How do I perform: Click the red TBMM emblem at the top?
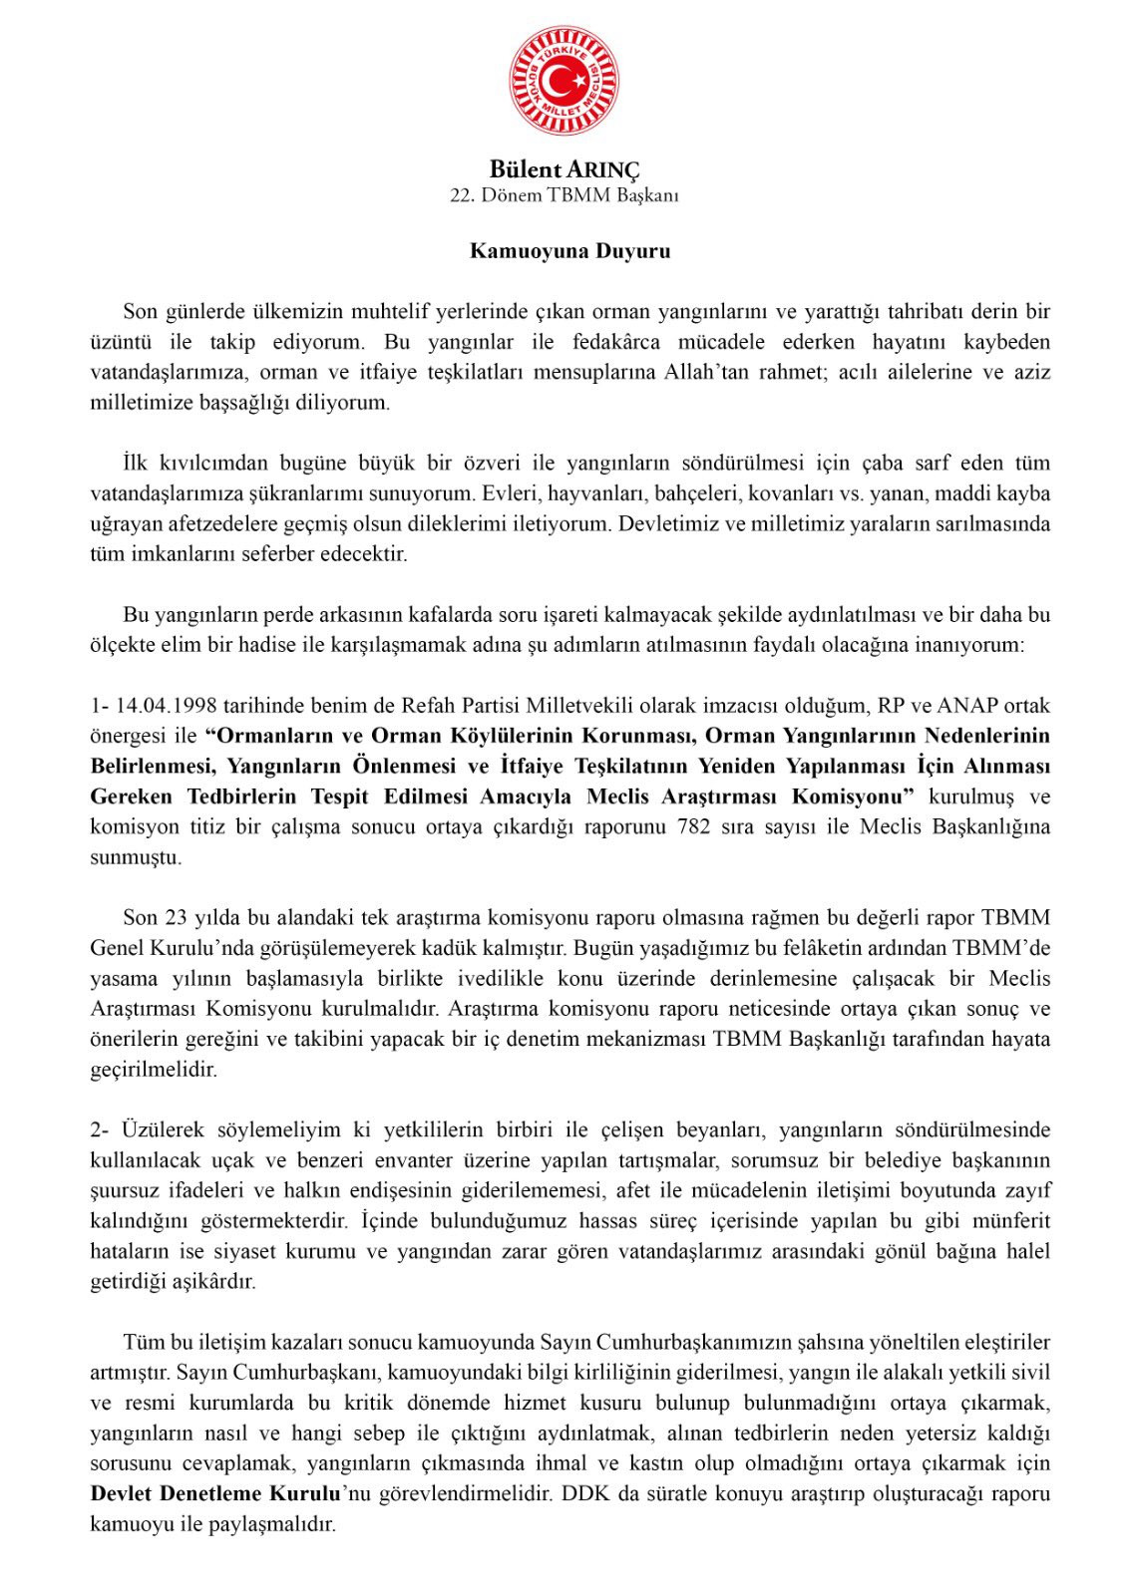coord(564,80)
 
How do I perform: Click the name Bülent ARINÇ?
coord(564,170)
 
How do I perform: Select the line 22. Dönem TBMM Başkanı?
coord(564,195)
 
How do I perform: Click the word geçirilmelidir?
coord(153,1070)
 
